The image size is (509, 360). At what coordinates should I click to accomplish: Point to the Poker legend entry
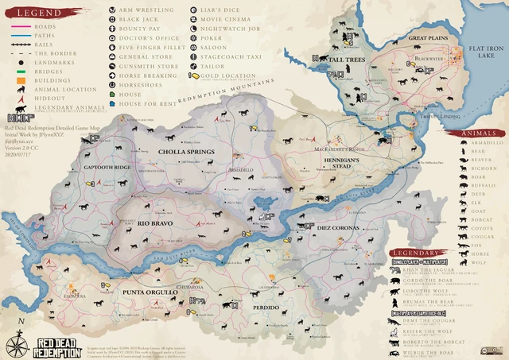pyautogui.click(x=212, y=37)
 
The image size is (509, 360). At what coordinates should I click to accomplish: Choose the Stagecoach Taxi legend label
pyautogui.click(x=228, y=57)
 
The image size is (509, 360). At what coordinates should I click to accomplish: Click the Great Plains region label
pyautogui.click(x=428, y=37)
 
